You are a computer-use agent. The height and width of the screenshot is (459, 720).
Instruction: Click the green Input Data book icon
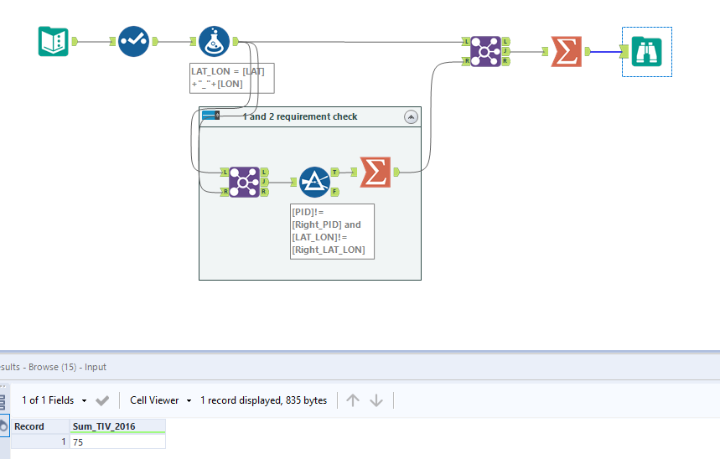pyautogui.click(x=54, y=41)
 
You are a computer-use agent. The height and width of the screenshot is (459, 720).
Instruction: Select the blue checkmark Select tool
pyautogui.click(x=133, y=41)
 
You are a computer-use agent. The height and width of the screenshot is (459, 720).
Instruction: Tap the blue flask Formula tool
pyautogui.click(x=215, y=41)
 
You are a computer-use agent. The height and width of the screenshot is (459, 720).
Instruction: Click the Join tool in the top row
pyautogui.click(x=484, y=51)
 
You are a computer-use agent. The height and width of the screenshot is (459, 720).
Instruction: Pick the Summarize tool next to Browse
pyautogui.click(x=566, y=51)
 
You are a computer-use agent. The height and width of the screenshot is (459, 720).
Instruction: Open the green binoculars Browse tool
pyautogui.click(x=646, y=52)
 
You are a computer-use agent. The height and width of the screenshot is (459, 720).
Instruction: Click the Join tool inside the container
pyautogui.click(x=244, y=182)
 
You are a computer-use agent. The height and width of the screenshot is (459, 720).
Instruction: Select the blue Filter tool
pyautogui.click(x=314, y=182)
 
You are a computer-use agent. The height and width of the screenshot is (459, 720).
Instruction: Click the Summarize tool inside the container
pyautogui.click(x=375, y=172)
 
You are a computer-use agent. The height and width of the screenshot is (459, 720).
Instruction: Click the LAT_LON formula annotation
pyautogui.click(x=232, y=77)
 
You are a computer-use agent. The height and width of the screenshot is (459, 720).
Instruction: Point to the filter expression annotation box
pyautogui.click(x=332, y=230)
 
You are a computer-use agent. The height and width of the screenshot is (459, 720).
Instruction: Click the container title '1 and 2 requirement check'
pyautogui.click(x=300, y=116)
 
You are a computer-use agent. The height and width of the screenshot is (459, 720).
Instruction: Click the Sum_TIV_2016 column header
pyautogui.click(x=104, y=426)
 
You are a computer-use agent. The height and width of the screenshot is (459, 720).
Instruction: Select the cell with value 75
pyautogui.click(x=117, y=441)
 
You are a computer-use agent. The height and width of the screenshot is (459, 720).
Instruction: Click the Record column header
pyautogui.click(x=30, y=426)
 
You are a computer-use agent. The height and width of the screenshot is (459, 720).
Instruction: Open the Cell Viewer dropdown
pyautogui.click(x=161, y=400)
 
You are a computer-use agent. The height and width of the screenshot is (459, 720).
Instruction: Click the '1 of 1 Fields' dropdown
pyautogui.click(x=54, y=400)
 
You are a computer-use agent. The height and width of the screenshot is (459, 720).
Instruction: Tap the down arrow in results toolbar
pyautogui.click(x=376, y=400)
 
